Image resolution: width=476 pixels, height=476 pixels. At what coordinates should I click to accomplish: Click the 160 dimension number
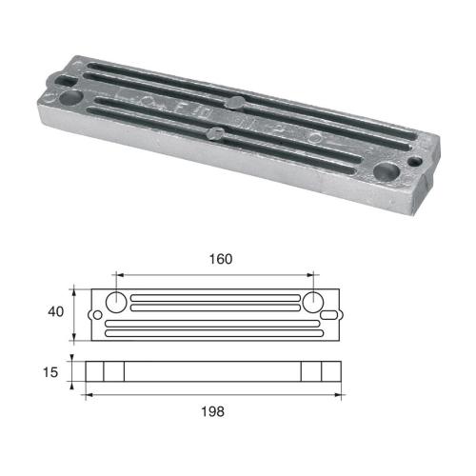pos(220,258)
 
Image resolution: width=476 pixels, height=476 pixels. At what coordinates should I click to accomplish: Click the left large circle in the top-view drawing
pos(115,302)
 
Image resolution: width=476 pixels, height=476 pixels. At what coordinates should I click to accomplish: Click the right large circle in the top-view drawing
pos(315,302)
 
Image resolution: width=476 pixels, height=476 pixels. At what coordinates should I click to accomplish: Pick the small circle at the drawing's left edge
pos(96,315)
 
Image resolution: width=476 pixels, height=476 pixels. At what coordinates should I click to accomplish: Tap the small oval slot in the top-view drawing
pos(329,315)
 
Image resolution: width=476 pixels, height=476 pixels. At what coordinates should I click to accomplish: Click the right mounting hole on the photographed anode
pos(387,171)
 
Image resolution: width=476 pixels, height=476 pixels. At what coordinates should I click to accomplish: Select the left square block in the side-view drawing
pos(115,370)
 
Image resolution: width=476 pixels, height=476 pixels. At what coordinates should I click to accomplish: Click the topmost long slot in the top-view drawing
pos(215,296)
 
